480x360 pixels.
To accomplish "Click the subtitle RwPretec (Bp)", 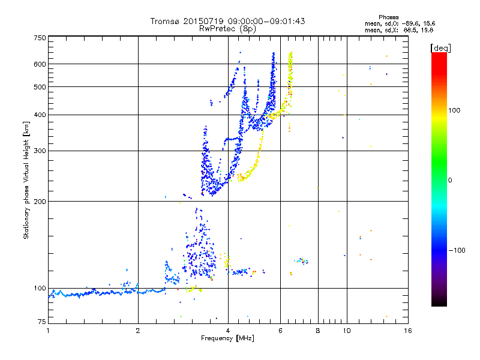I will [228, 28].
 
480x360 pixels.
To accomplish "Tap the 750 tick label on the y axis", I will [40, 38].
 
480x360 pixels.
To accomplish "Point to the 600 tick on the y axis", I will [40, 64].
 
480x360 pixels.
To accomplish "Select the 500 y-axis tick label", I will [40, 87].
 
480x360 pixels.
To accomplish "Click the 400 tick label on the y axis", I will [40, 115].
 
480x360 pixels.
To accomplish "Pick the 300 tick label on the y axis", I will [40, 151].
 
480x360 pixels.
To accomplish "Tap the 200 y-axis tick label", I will [40, 201].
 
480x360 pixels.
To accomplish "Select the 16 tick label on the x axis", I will [407, 331].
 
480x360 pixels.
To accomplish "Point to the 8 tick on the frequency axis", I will [318, 331].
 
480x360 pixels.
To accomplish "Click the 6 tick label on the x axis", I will [280, 331].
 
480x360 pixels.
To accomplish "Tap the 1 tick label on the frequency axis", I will [48, 331].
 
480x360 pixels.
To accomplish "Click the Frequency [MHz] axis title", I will [228, 338].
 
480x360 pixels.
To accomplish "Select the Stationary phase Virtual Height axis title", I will [26, 180].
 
